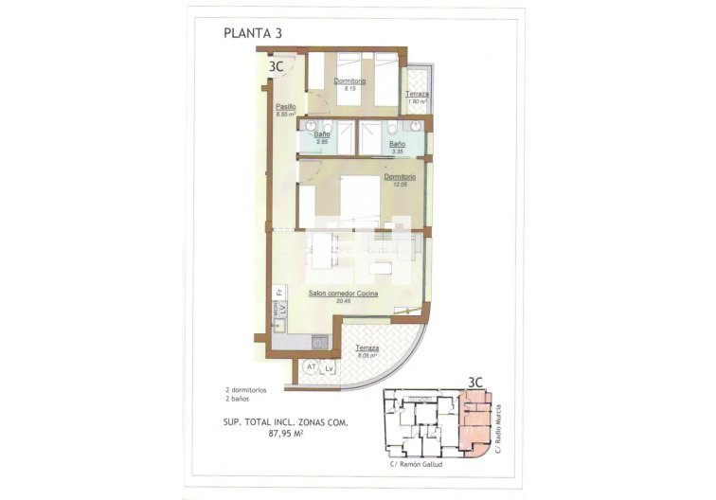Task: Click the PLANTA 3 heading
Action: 253,33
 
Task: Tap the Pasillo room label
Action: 286,107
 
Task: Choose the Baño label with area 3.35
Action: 398,144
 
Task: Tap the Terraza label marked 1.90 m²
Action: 418,94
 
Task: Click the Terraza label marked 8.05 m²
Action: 367,348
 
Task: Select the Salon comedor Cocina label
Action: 343,295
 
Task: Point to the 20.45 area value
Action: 343,303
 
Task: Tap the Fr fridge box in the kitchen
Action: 280,294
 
